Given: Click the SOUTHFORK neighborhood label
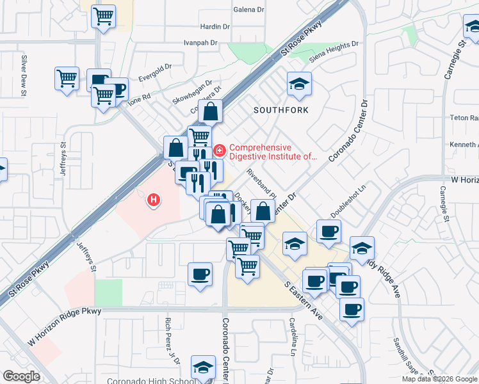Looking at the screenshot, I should coord(280,110).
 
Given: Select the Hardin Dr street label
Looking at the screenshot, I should coord(215,27).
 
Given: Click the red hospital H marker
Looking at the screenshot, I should coord(154,200).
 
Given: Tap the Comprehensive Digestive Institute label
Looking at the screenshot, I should coord(273,152).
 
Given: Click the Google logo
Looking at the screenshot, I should coord(20,376).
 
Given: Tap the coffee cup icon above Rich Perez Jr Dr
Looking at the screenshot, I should coord(200,275).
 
